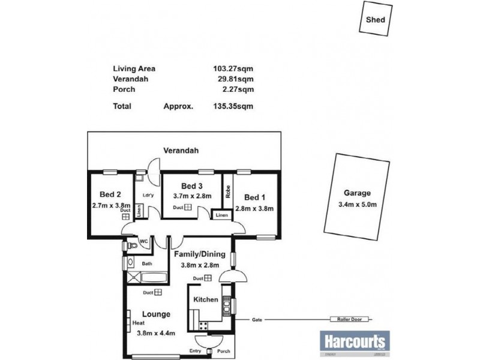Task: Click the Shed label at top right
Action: click(376, 19)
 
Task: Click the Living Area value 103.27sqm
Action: click(233, 68)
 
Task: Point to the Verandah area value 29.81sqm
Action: click(235, 79)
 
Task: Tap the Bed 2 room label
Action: click(110, 194)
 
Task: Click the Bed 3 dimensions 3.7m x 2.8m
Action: click(192, 196)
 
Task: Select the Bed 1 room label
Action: click(254, 197)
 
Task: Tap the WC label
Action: click(143, 242)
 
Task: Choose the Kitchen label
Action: click(206, 299)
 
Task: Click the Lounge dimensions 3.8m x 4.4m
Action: click(156, 333)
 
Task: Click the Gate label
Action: click(258, 320)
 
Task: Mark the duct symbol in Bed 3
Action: click(188, 208)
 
